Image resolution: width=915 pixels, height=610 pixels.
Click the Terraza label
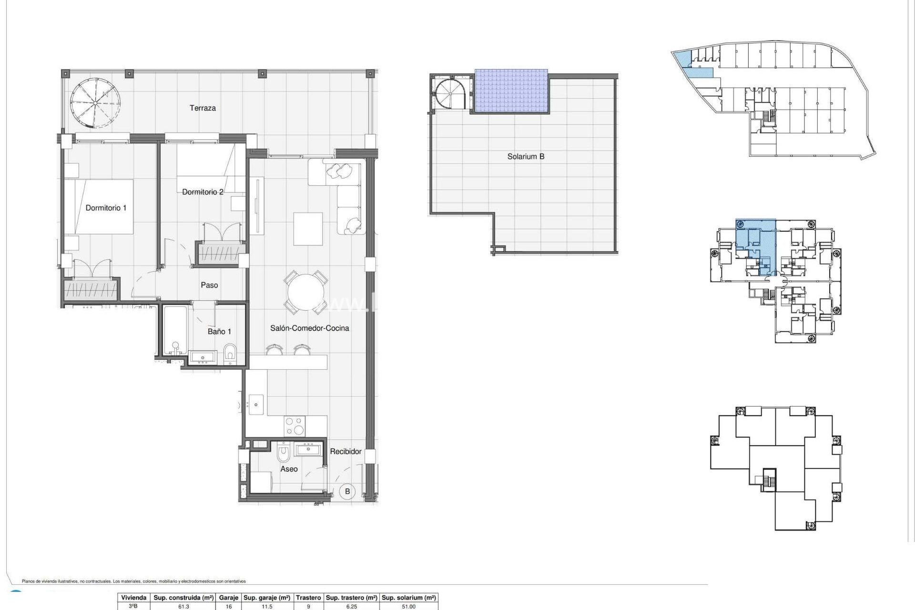203,108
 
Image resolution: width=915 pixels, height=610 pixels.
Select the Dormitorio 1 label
106,208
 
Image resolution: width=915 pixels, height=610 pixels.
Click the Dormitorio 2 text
203,192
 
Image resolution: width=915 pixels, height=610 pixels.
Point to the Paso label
209,285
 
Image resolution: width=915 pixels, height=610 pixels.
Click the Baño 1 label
219,331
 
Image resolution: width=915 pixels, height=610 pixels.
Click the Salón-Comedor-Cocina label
309,328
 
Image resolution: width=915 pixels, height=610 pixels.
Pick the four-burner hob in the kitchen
294,426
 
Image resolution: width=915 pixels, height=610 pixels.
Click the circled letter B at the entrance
347,491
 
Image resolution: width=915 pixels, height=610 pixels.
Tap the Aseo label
289,469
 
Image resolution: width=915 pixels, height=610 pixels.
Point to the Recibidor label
346,451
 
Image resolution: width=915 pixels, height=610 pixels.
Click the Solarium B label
526,156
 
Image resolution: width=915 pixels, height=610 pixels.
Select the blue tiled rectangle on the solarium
511,91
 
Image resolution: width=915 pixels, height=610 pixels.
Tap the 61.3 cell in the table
183,607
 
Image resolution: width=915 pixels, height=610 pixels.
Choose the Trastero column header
308,598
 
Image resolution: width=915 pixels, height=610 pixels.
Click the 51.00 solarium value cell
408,607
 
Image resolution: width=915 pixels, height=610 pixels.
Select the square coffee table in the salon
308,229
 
